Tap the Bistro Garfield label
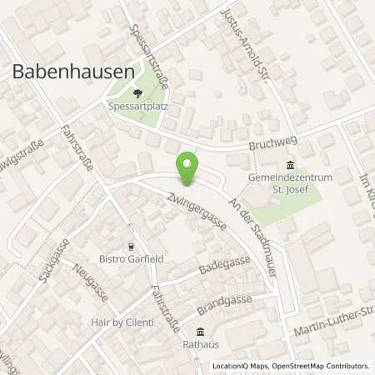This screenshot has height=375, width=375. pyautogui.click(x=131, y=259)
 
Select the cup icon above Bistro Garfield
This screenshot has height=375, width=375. pyautogui.click(x=131, y=246)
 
